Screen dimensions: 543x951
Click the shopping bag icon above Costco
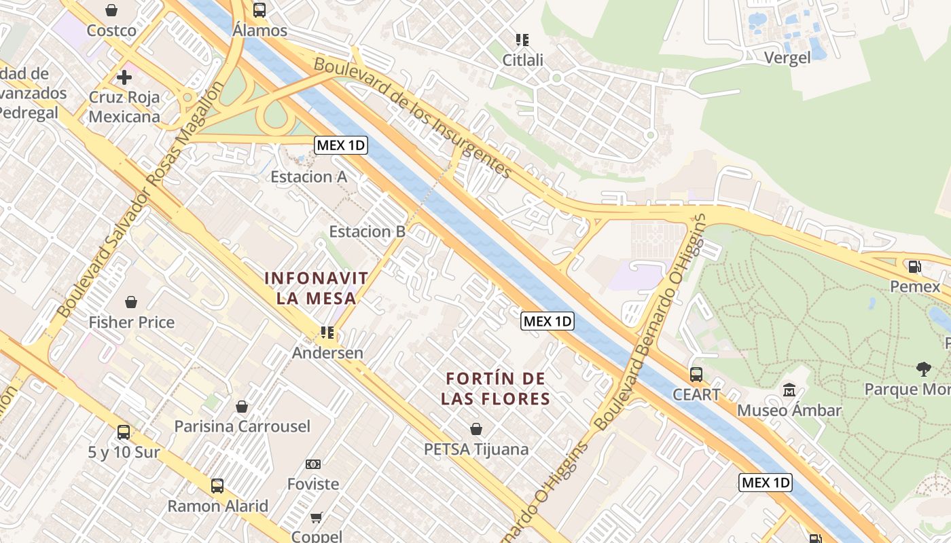[111, 10]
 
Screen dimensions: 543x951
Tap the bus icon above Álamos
[259, 10]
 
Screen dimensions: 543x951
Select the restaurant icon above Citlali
[522, 40]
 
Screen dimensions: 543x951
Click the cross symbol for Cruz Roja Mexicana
[124, 77]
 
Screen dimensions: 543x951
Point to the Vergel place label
[787, 58]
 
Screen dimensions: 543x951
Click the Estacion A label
[308, 177]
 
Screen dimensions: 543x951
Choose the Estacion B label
[367, 231]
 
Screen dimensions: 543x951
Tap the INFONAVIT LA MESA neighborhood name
[317, 288]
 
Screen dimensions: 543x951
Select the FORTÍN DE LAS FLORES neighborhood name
[495, 388]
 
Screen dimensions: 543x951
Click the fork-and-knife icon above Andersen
[327, 333]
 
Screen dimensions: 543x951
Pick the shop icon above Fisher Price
[131, 302]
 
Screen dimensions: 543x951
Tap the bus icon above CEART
[696, 374]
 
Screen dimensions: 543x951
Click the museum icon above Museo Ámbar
[789, 390]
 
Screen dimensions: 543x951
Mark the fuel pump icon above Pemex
[915, 267]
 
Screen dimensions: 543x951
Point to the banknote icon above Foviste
[312, 464]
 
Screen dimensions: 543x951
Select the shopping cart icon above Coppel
[316, 518]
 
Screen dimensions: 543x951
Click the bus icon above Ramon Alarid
[217, 486]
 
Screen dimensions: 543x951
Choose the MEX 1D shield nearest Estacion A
[341, 145]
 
